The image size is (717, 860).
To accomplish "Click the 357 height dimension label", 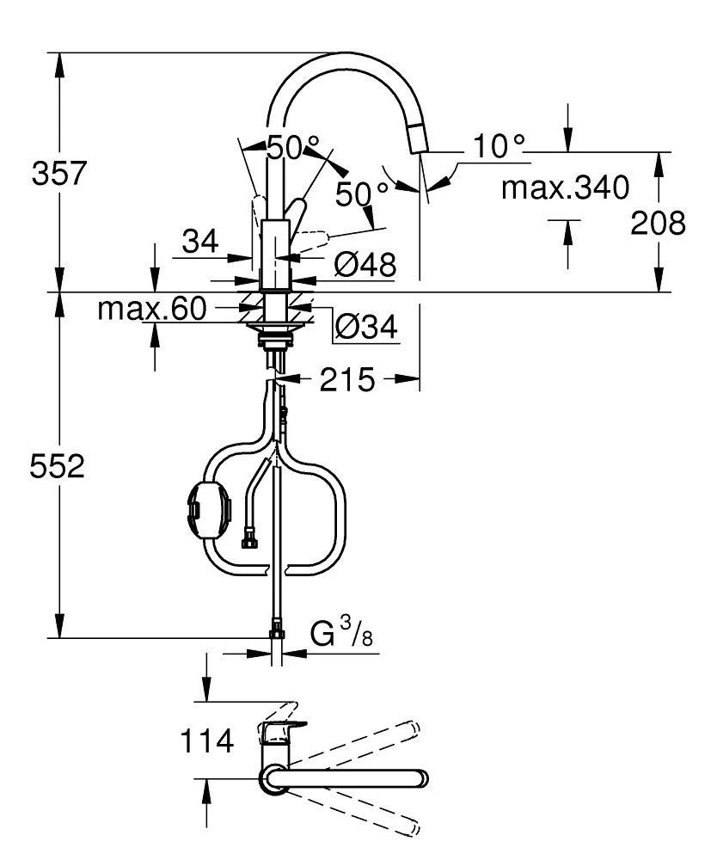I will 58,174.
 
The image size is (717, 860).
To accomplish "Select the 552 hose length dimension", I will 58,467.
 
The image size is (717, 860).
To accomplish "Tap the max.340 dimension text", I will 565,187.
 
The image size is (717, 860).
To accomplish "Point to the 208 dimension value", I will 659,223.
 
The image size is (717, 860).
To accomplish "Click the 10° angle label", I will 497,147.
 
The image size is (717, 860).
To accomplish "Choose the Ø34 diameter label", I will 365,326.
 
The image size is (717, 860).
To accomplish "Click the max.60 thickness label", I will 152,308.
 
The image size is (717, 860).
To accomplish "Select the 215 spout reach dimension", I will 347,379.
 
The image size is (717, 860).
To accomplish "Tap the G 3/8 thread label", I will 340,636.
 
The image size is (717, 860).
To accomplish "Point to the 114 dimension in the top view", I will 207,740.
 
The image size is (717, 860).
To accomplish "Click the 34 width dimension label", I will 200,243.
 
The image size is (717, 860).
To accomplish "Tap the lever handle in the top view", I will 280,732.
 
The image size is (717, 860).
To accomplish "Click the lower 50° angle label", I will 356,193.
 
